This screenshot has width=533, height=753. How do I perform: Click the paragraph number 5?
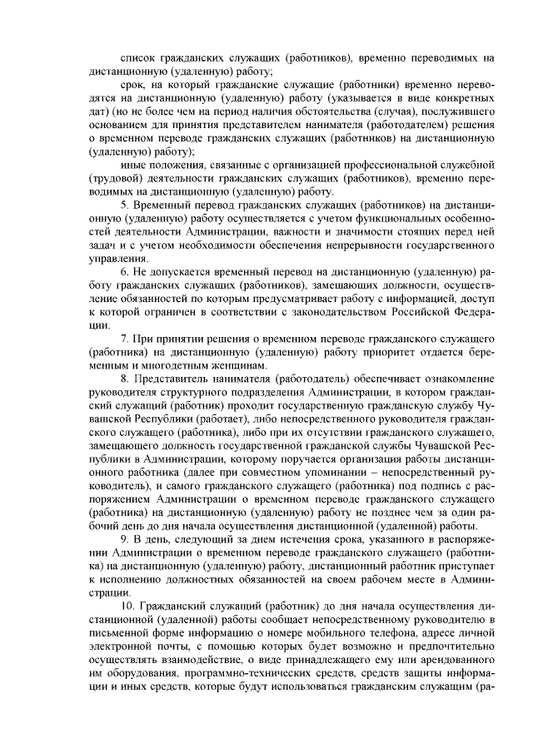[x=125, y=206]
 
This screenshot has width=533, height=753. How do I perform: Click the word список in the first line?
[x=138, y=59]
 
